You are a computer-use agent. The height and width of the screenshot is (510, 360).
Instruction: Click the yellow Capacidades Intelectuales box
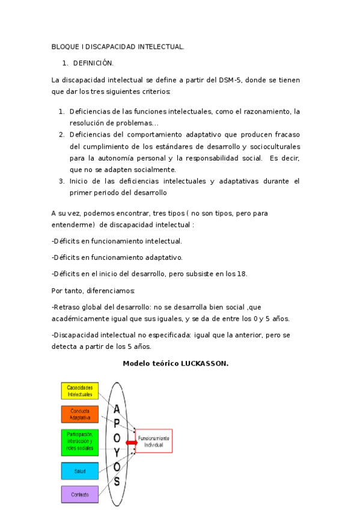(x=79, y=391)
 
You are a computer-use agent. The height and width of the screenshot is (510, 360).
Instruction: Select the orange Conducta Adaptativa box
(x=79, y=414)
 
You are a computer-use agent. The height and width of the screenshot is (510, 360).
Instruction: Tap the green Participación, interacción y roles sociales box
(x=79, y=442)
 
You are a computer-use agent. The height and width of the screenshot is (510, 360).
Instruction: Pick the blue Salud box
(x=79, y=471)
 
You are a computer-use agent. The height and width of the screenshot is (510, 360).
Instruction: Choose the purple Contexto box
(x=79, y=494)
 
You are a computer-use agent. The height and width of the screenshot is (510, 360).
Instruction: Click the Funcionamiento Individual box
(x=154, y=441)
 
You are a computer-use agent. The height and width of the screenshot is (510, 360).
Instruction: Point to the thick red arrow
(x=131, y=442)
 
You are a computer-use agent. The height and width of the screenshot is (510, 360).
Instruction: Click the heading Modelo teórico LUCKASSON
(x=175, y=364)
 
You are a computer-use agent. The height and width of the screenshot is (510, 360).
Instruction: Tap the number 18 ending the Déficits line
(x=242, y=274)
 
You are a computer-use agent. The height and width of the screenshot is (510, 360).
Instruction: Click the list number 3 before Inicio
(x=61, y=181)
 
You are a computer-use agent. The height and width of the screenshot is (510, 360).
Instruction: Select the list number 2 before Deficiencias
(x=61, y=134)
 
